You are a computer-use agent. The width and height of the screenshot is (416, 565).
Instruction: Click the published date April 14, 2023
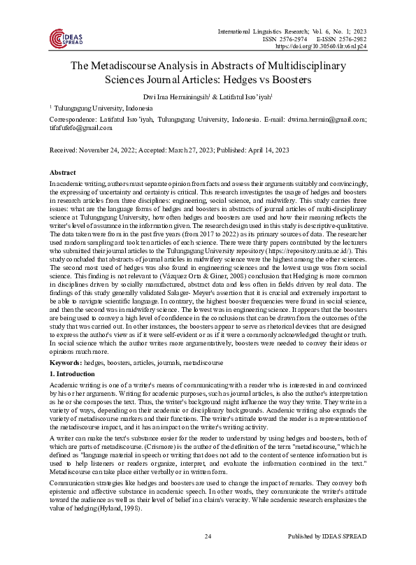267,150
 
